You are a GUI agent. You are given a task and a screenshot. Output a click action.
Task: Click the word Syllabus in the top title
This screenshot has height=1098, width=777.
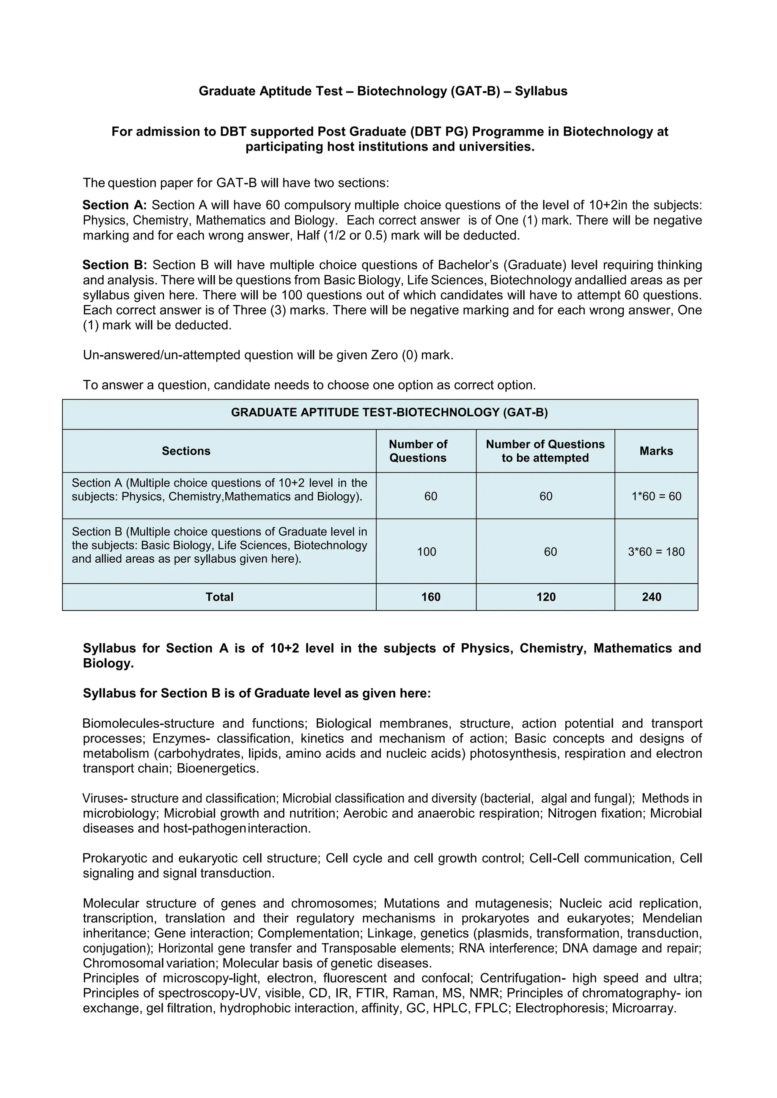(541, 91)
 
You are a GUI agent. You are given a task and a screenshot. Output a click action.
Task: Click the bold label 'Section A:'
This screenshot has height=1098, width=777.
(114, 205)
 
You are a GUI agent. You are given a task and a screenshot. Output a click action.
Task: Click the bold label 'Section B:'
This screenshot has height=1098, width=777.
(114, 265)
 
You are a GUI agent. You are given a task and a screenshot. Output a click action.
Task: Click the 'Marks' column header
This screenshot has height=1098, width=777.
(656, 451)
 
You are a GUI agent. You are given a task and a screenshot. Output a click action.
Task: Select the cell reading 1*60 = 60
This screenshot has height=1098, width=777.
(656, 496)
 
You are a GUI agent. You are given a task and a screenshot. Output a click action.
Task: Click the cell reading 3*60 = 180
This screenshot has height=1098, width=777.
(656, 552)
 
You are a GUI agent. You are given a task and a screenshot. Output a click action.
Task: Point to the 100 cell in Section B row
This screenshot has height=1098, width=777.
(426, 552)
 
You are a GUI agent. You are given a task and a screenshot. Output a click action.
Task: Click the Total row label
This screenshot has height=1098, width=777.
(219, 597)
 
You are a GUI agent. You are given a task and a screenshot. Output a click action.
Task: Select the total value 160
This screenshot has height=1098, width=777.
(431, 597)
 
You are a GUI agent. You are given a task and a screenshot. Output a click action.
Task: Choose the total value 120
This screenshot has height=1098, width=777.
(546, 597)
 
